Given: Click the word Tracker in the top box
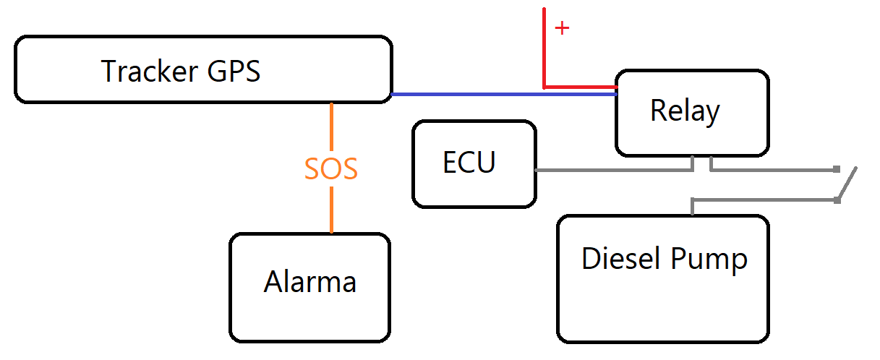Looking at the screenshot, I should tap(150, 72).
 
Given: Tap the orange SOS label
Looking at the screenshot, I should tap(331, 169).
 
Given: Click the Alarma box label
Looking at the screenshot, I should tap(309, 282).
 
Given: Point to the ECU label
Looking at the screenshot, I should tap(469, 163).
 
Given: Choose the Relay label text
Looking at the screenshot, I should tap(685, 111).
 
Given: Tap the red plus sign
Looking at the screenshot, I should tap(562, 28).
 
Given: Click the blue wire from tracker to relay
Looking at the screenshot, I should tap(499, 94).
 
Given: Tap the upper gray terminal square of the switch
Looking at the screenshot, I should tap(837, 169).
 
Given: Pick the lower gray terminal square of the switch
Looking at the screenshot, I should tap(837, 200).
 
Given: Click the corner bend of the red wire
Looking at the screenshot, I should tap(544, 87).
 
